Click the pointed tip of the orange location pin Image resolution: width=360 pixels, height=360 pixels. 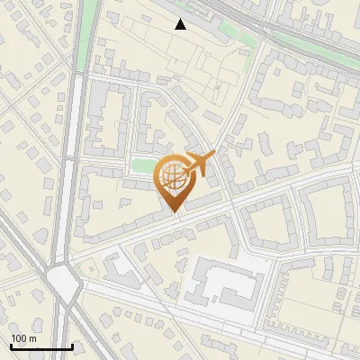click(x=175, y=212)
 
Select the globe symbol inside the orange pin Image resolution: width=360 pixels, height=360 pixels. click(x=173, y=177)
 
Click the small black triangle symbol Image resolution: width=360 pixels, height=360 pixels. click(x=181, y=24)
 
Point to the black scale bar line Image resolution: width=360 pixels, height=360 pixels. click(x=41, y=347)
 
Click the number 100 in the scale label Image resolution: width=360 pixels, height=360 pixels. click(x=19, y=338)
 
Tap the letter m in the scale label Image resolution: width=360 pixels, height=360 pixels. click(x=32, y=338)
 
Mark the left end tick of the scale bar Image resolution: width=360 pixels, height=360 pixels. click(x=11, y=346)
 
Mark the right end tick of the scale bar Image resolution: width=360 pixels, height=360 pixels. click(x=72, y=346)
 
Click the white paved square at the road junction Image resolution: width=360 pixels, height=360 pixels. click(x=64, y=283)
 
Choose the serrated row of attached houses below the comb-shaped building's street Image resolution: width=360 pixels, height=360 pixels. click(x=216, y=341)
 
